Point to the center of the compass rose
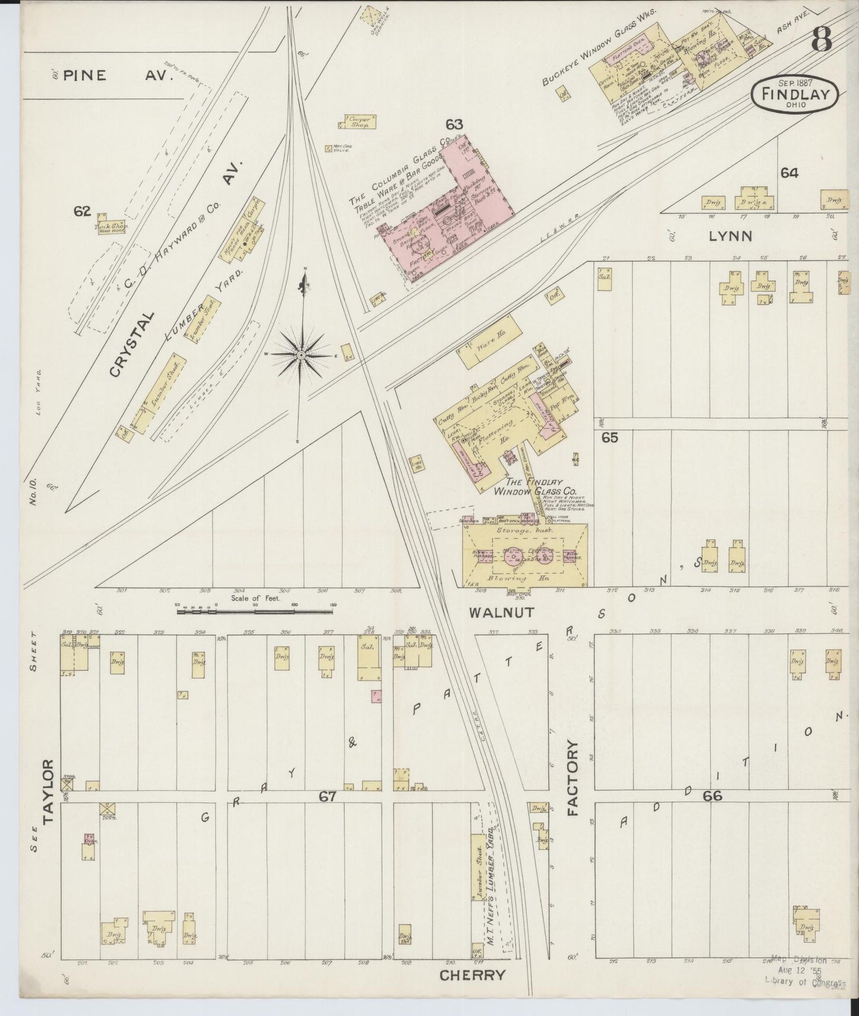(x=301, y=355)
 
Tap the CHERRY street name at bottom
(x=473, y=975)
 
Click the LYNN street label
(x=730, y=236)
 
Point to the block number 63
(x=454, y=124)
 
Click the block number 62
(x=82, y=211)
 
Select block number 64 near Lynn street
(x=789, y=173)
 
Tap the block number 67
(x=328, y=797)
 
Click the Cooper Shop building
(x=358, y=122)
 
